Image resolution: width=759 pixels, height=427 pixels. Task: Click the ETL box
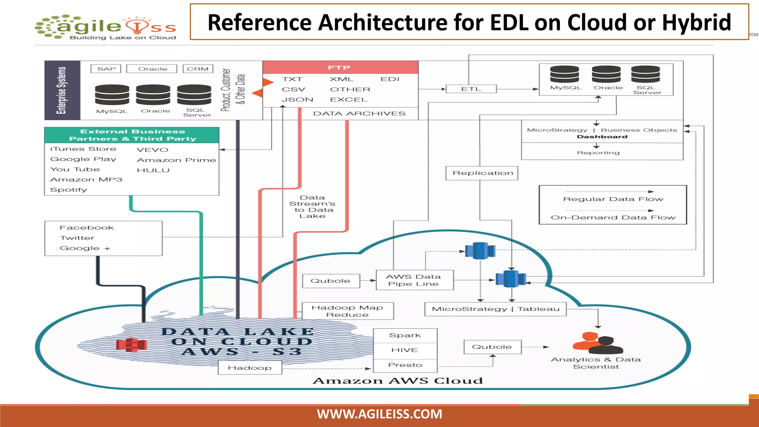click(x=471, y=89)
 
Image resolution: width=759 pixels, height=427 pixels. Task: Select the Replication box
click(x=482, y=173)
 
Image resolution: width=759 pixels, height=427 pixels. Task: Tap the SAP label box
click(x=106, y=69)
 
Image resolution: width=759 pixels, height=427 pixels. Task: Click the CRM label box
click(x=198, y=69)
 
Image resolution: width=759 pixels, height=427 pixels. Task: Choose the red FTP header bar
click(x=340, y=67)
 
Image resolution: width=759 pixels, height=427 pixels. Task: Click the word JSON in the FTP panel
click(x=297, y=100)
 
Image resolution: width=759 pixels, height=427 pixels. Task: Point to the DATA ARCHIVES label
click(x=359, y=113)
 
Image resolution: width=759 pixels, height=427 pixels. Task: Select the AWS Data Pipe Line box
click(x=414, y=280)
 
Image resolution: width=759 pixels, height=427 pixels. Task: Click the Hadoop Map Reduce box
click(x=348, y=311)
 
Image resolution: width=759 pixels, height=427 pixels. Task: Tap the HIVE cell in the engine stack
click(x=405, y=350)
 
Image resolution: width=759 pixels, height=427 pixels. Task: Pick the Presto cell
click(x=405, y=365)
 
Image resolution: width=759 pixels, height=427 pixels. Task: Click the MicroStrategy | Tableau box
click(x=495, y=309)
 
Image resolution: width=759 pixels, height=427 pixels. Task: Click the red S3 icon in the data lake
click(x=131, y=345)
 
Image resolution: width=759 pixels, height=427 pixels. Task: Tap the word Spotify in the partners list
click(x=69, y=190)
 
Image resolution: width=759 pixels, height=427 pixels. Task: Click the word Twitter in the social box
click(x=77, y=238)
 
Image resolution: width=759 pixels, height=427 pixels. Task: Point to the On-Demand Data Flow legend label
click(x=613, y=218)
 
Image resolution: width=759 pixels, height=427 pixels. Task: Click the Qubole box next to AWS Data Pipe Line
click(x=331, y=281)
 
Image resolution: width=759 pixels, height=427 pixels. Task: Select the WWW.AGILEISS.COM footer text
click(x=379, y=414)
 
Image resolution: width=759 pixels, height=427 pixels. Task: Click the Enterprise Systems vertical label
click(x=62, y=90)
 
